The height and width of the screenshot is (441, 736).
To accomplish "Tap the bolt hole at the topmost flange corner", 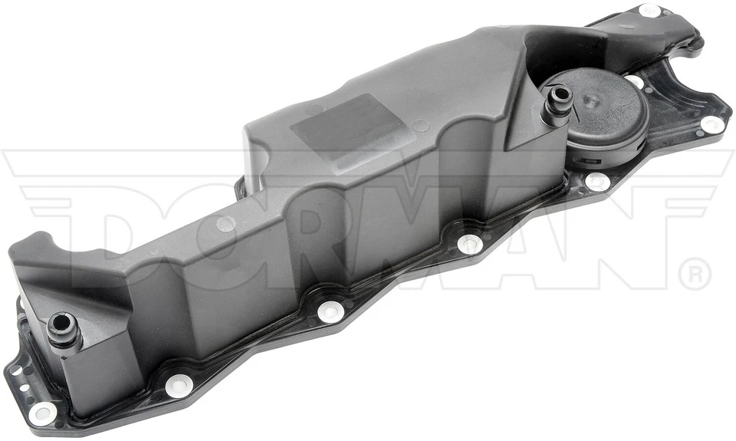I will pyautogui.click(x=649, y=11).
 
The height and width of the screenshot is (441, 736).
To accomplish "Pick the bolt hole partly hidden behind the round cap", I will pyautogui.click(x=635, y=80).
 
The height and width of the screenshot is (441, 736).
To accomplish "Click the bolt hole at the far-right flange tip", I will pyautogui.click(x=711, y=123).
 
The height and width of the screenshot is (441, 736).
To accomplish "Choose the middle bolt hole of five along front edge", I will pyautogui.click(x=330, y=311).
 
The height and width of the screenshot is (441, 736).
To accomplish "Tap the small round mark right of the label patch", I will pyautogui.click(x=420, y=126).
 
